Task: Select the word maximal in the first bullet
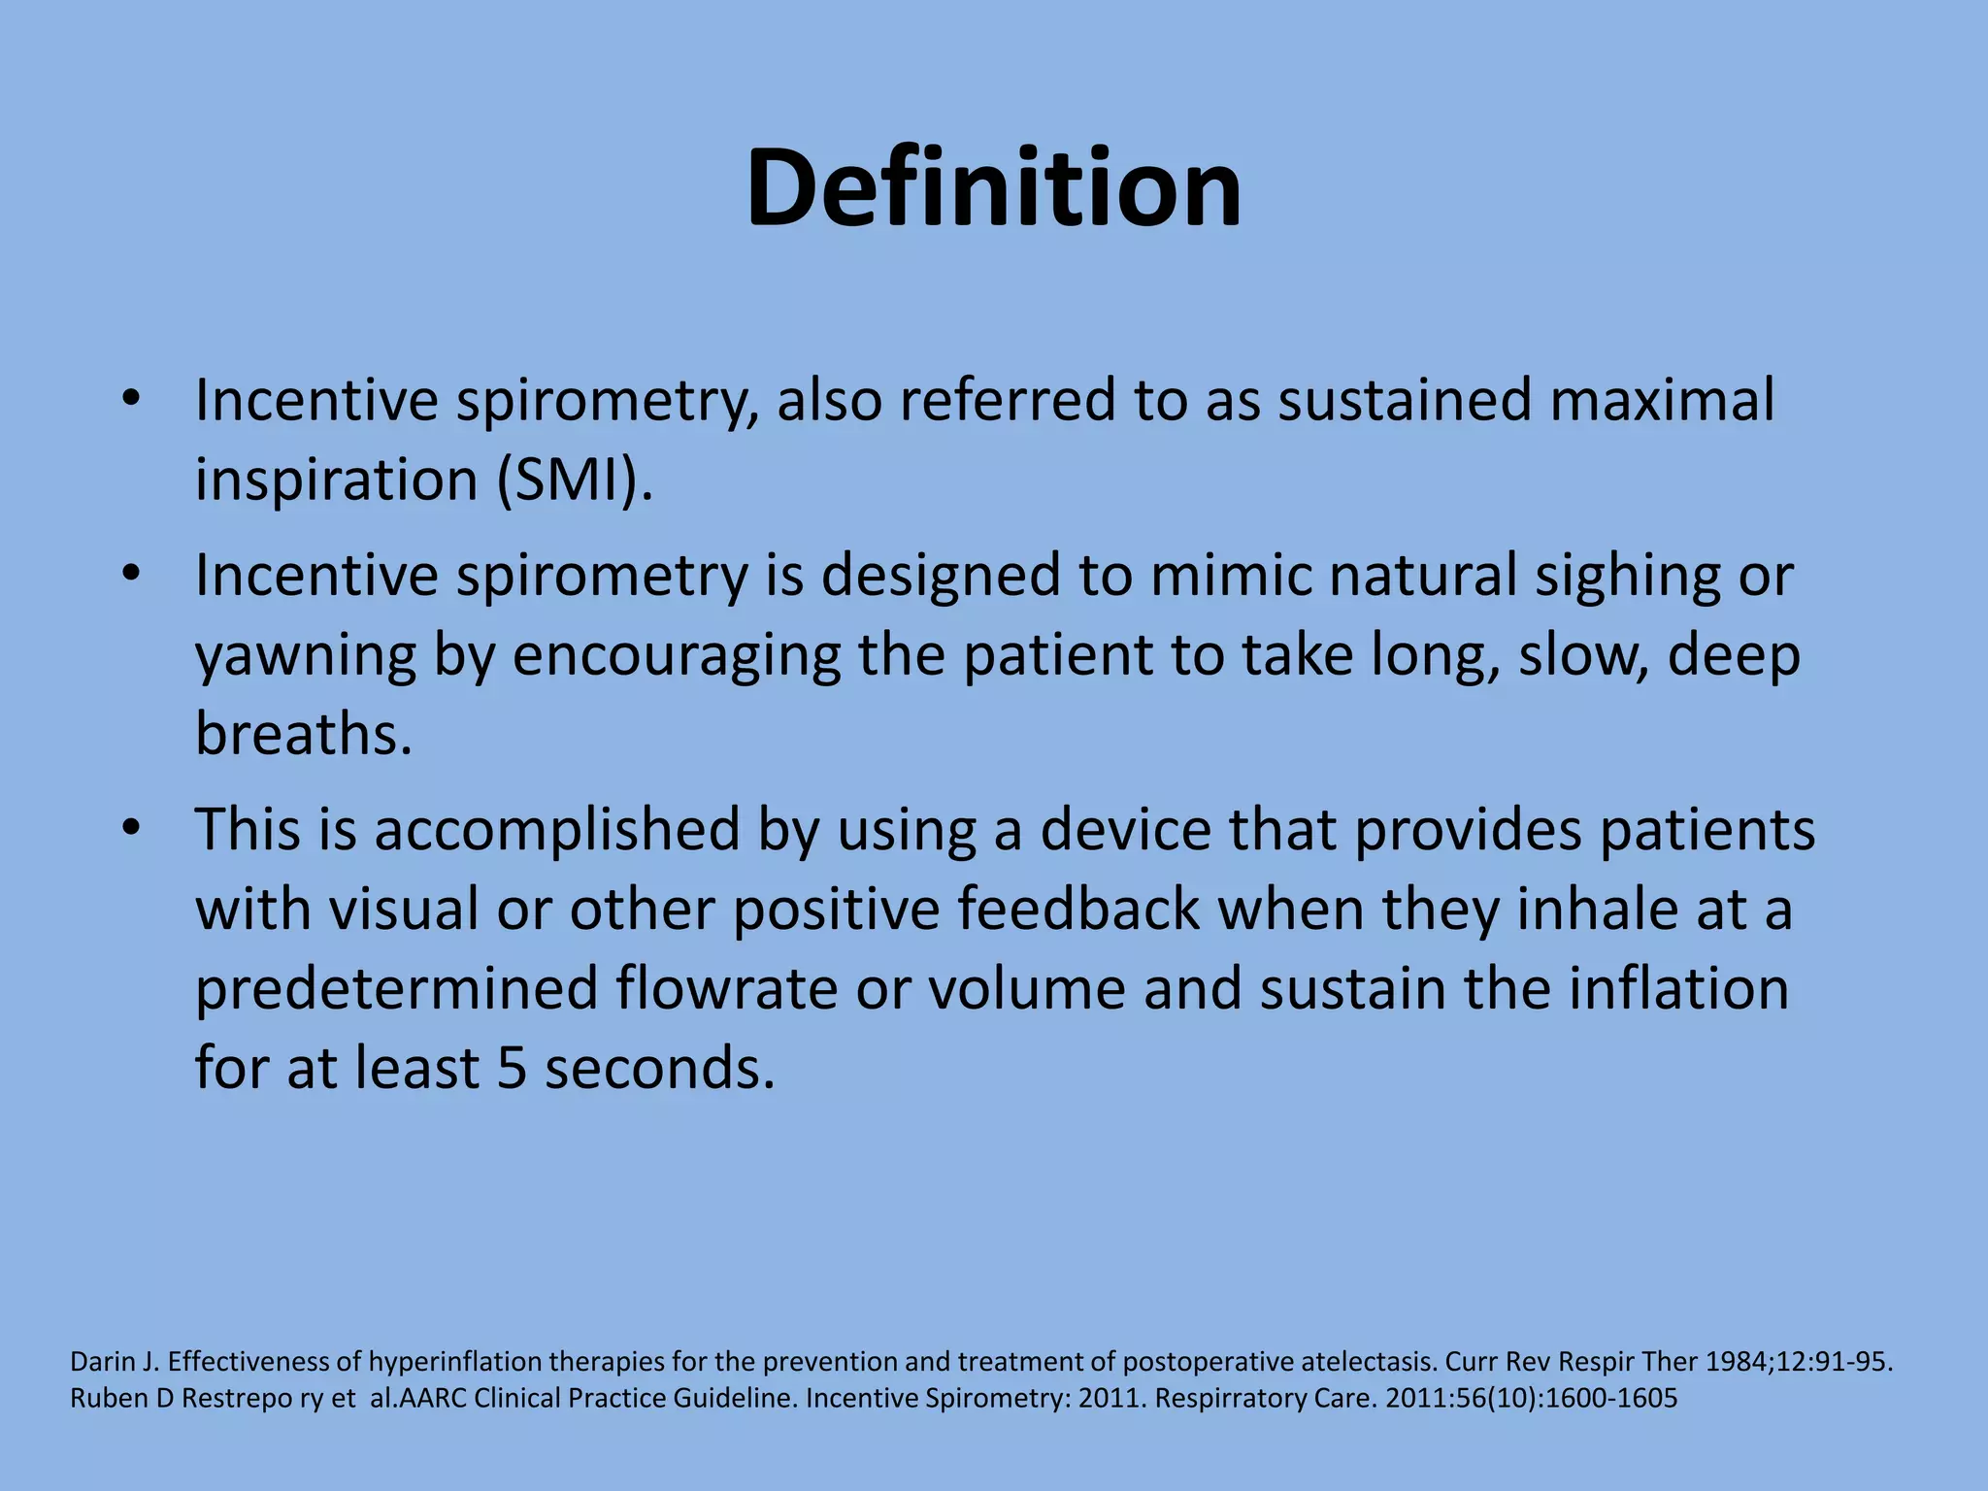click(x=1662, y=400)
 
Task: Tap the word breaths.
click(x=304, y=734)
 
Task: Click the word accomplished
click(x=556, y=831)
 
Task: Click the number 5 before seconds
click(x=511, y=1069)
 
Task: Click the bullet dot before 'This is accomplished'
click(x=132, y=829)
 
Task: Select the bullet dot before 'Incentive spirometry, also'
click(x=132, y=399)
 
